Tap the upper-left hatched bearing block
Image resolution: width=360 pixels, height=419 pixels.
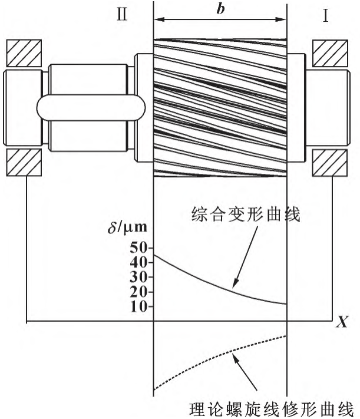(23, 54)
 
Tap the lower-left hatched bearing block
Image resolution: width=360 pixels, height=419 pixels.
(23, 163)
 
